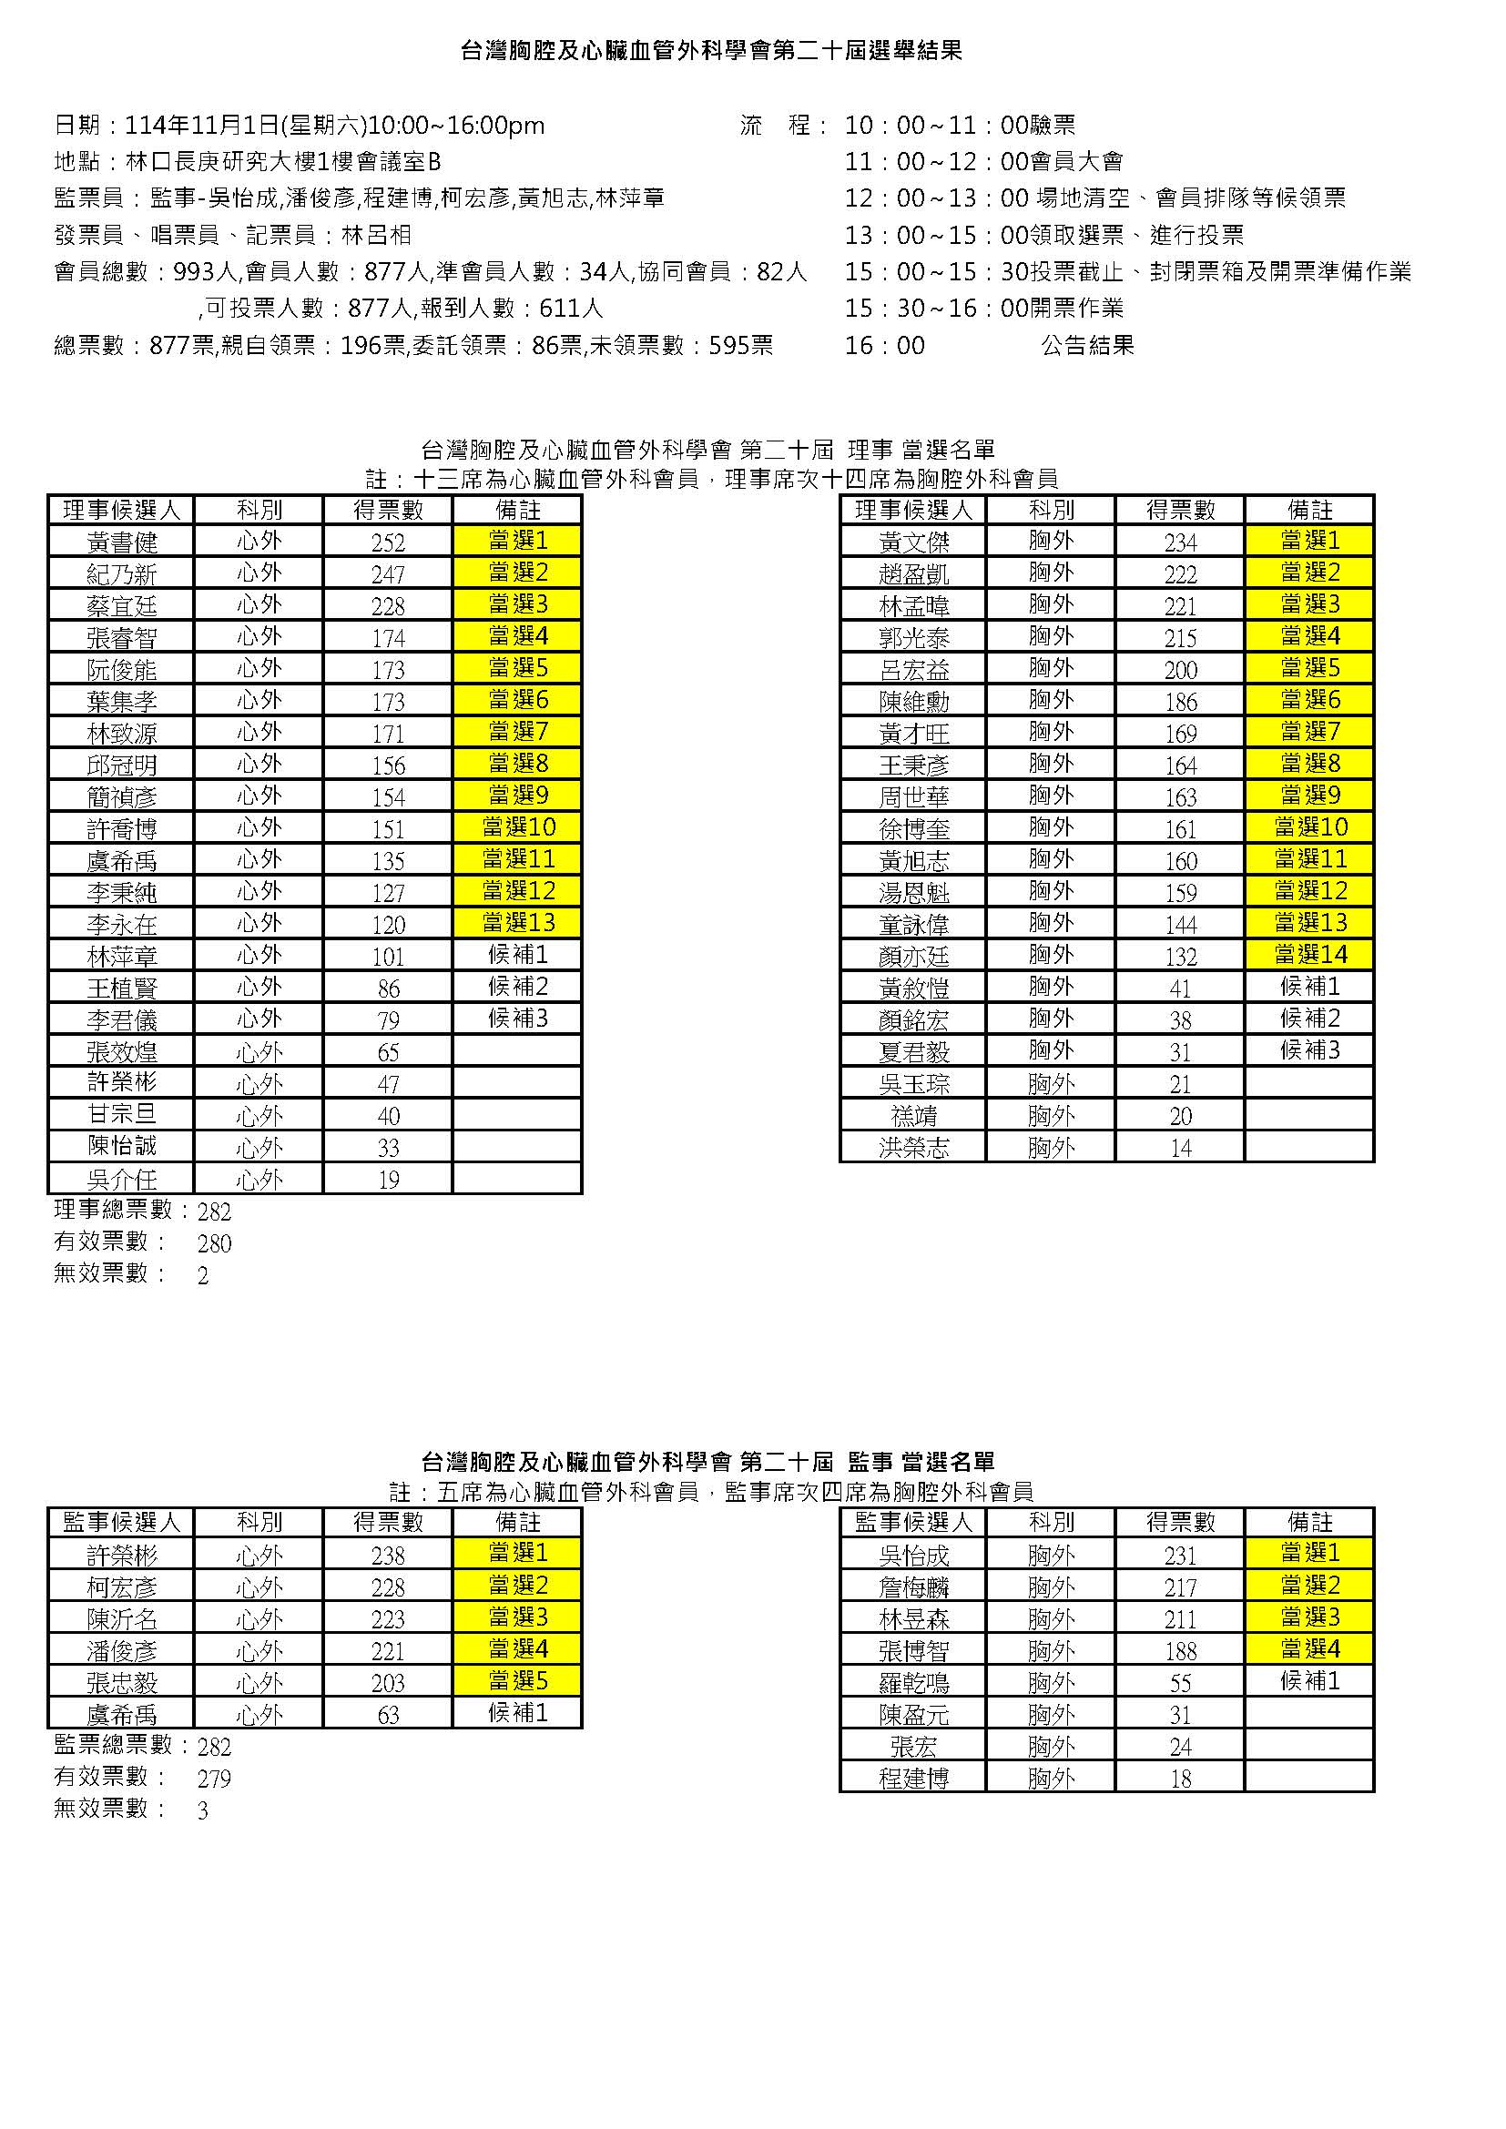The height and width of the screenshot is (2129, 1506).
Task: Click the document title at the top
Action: (711, 51)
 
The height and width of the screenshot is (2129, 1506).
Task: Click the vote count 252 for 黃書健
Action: (388, 542)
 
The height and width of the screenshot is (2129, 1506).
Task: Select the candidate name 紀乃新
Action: (121, 574)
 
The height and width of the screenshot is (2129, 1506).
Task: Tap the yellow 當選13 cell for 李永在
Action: (517, 923)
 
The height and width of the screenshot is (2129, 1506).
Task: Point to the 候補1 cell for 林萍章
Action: (517, 954)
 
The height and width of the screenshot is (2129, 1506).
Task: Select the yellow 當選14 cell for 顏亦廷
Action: (1309, 954)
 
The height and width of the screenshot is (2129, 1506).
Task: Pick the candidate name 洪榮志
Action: (912, 1148)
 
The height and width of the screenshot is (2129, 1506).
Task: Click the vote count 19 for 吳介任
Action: (388, 1180)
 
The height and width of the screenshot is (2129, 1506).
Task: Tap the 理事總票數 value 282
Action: (214, 1212)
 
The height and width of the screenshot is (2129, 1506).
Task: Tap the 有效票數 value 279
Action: (214, 1779)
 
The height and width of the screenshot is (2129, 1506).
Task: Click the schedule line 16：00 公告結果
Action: (989, 346)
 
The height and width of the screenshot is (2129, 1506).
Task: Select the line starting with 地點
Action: (248, 162)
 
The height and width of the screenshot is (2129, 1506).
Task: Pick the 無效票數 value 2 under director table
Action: (203, 1276)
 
